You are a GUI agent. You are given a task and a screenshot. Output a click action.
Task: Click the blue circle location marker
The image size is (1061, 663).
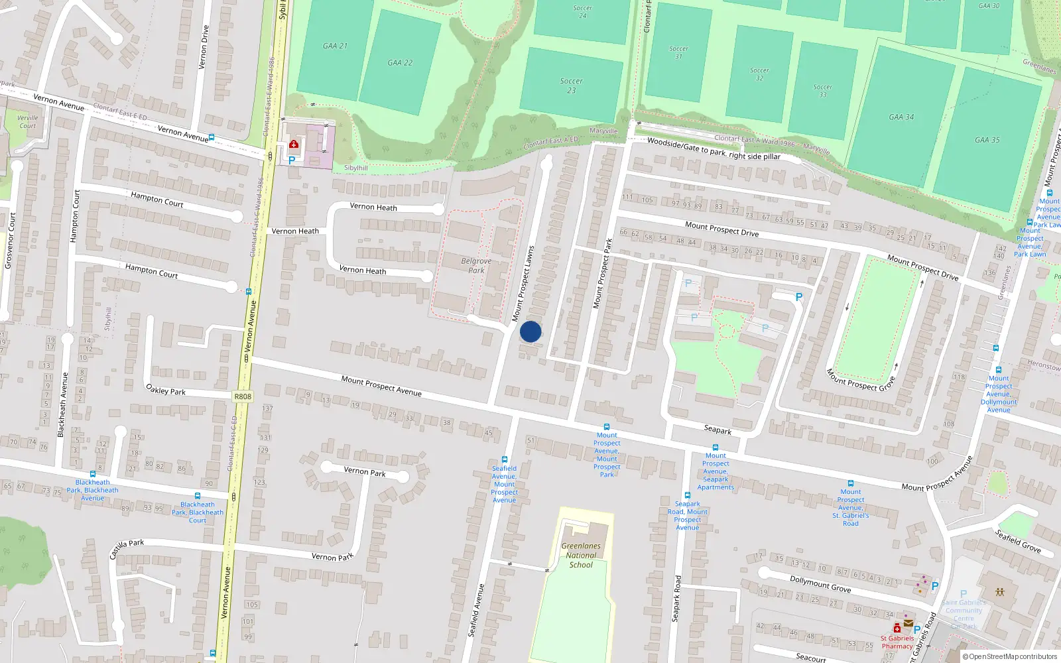pos(530,331)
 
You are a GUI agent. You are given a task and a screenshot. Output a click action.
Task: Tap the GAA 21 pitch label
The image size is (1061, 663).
pos(335,46)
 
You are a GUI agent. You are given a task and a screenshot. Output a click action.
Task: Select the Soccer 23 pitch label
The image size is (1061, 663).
pos(571,86)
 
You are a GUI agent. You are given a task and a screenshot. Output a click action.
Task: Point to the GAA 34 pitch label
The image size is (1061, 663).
pos(901,117)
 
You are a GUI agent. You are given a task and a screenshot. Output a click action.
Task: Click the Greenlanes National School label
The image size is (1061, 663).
pos(581,556)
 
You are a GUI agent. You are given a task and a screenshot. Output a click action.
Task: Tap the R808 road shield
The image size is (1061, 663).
pos(243,396)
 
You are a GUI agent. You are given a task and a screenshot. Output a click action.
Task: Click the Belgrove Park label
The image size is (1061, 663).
pos(476,265)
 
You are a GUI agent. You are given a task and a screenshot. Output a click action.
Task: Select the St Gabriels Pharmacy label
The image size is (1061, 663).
pos(897,642)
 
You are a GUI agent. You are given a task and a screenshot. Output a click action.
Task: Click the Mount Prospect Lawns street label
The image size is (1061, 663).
pos(523,284)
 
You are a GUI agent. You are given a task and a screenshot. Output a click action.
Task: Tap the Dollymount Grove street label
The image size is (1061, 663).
pos(820,583)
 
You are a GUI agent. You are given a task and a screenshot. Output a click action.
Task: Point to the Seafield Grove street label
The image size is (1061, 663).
pos(1018,541)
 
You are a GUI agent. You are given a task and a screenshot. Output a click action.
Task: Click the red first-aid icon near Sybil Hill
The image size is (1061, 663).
pos(294,144)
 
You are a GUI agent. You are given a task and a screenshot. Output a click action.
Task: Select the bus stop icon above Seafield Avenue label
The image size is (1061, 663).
pos(505,459)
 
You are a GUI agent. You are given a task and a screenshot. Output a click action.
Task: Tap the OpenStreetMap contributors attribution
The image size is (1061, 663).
pos(1013,656)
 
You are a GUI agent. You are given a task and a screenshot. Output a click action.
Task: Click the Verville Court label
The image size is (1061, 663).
pos(28,121)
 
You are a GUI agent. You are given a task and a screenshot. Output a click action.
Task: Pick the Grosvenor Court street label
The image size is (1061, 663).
pos(9,240)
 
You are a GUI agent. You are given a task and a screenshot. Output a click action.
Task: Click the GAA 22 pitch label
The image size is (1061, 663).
pos(400,62)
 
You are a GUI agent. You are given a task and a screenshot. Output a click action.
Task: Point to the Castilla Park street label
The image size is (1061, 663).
pos(127,548)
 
